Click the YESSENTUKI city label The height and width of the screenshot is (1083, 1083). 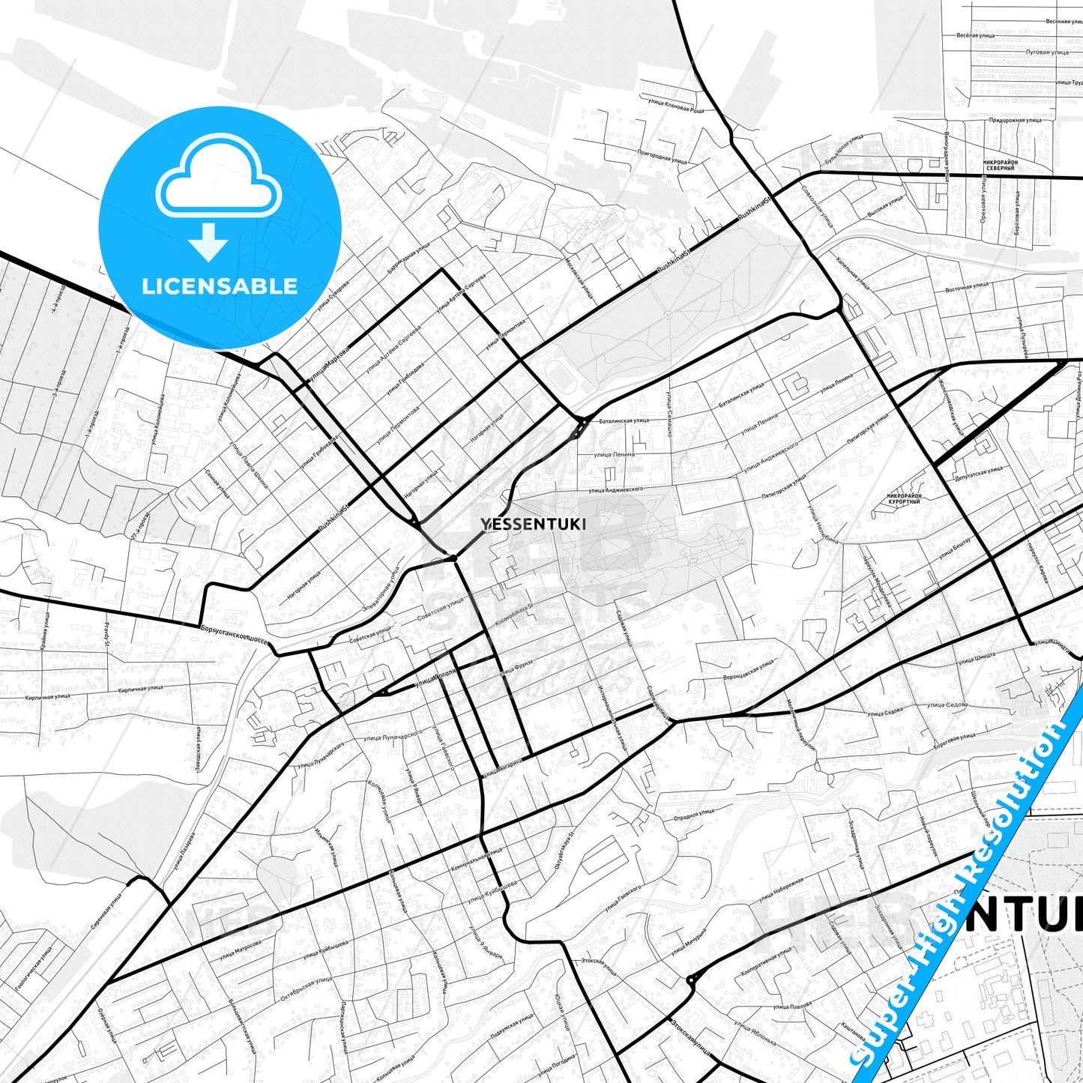point(534,525)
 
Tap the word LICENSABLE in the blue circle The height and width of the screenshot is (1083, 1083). point(220,286)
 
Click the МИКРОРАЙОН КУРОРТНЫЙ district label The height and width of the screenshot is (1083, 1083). point(903,498)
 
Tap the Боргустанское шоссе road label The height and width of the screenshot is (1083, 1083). point(235,632)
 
